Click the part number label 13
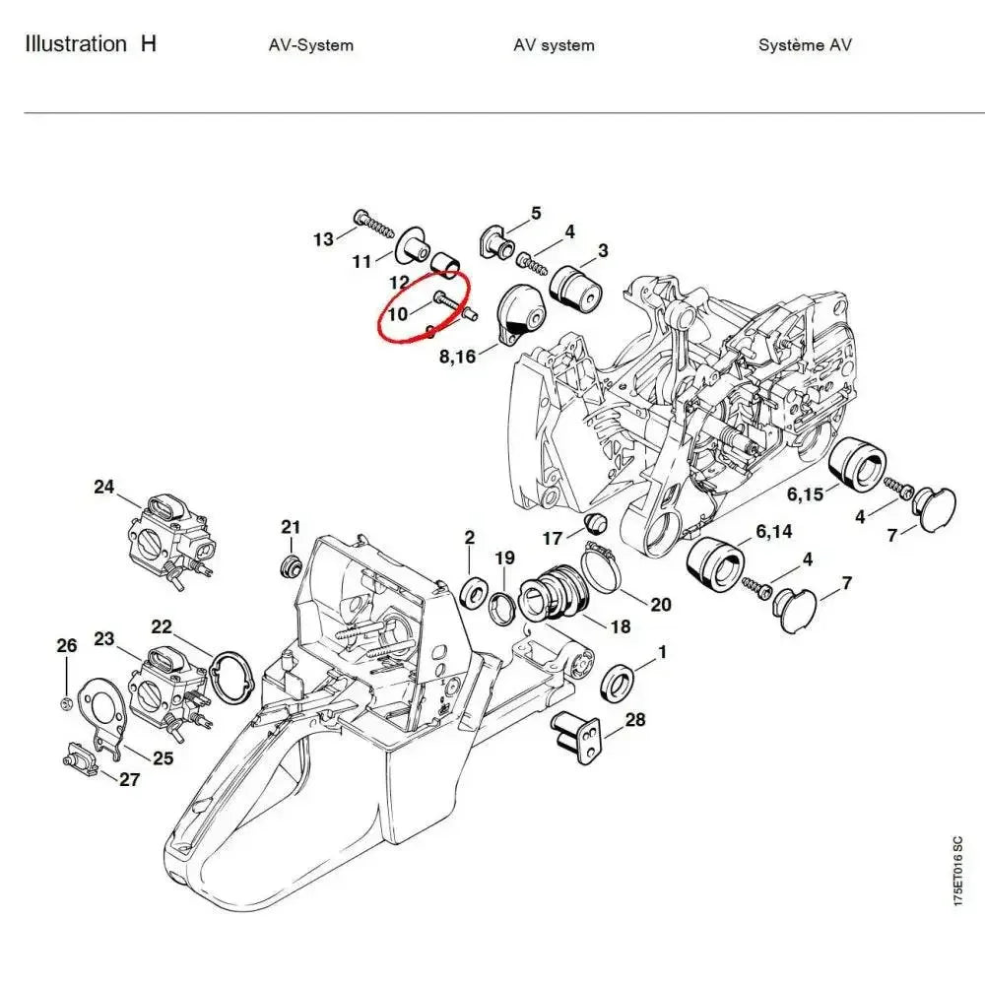[323, 239]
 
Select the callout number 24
[104, 486]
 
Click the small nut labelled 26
[65, 702]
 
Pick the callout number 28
[635, 720]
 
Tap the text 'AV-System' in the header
[310, 45]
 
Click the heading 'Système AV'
[805, 45]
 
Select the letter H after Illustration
[148, 43]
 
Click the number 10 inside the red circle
[398, 314]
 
